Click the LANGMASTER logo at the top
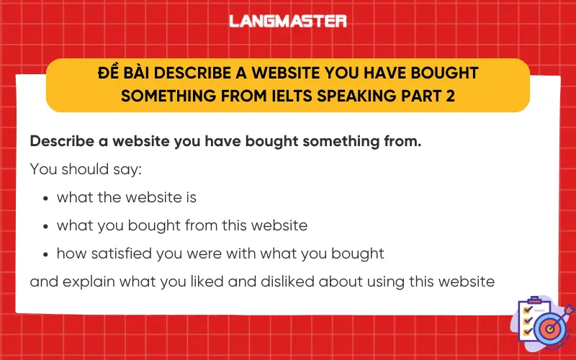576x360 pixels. tap(288, 21)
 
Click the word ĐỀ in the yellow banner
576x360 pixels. tap(108, 73)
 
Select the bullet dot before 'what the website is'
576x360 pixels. tap(46, 198)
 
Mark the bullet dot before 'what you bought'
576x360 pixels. tap(46, 226)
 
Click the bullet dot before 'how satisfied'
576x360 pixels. tap(46, 254)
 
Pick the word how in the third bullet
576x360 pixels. tap(70, 253)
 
